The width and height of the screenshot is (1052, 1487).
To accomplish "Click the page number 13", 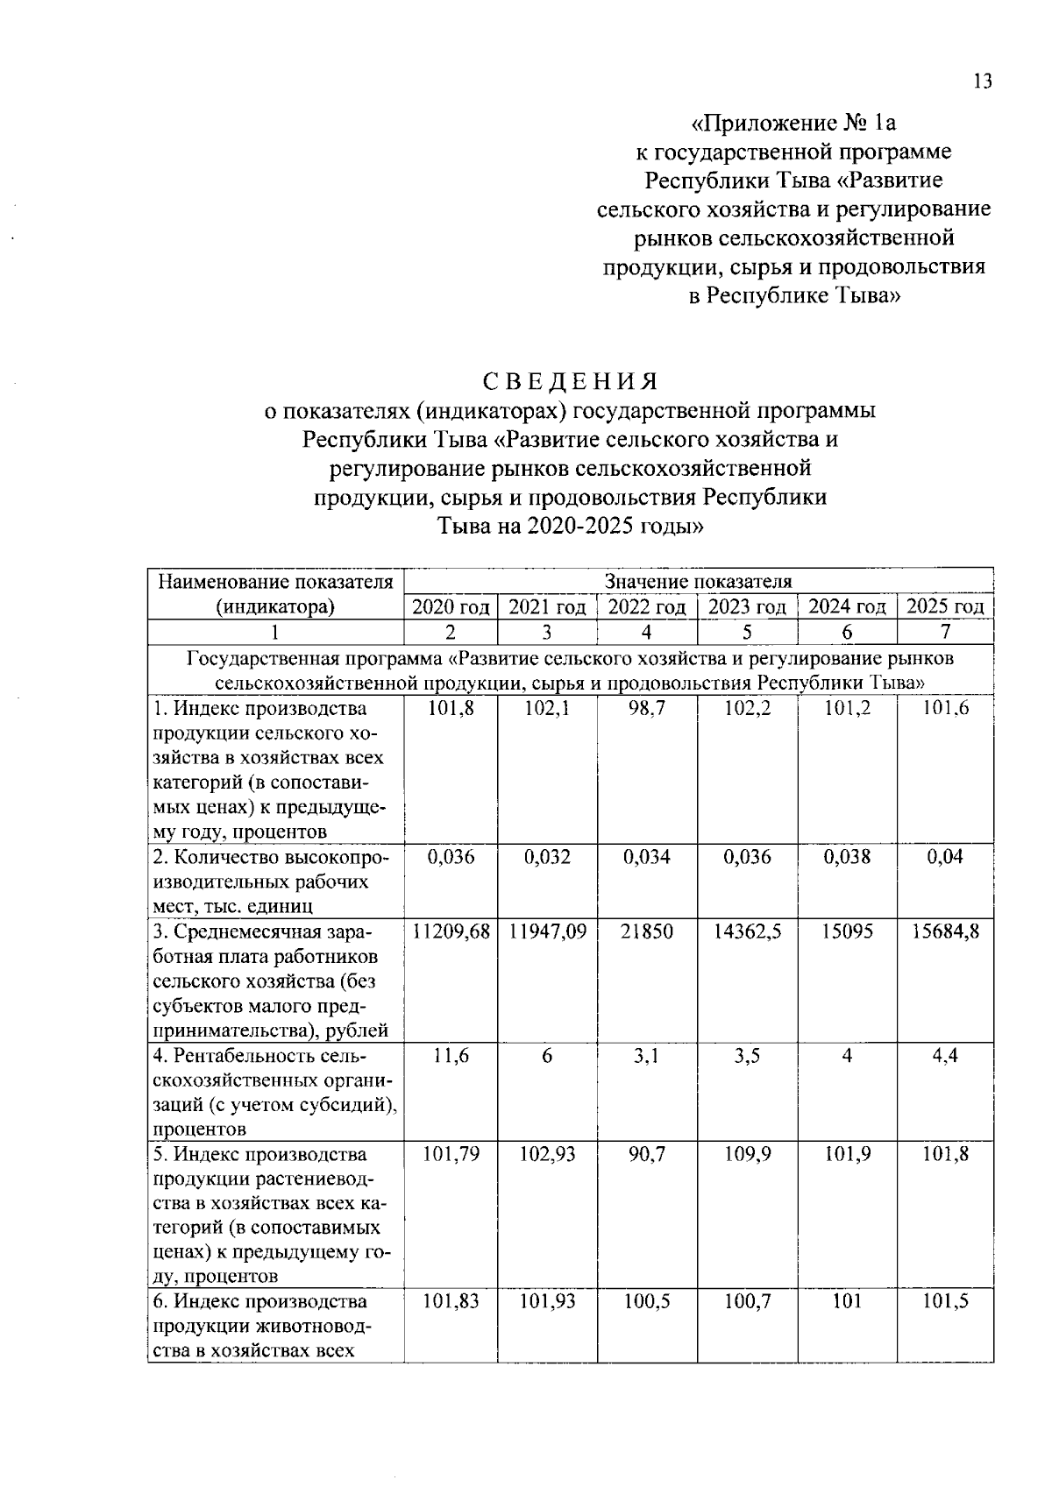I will pos(982,81).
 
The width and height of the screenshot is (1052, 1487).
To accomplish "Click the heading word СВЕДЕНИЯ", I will pos(570,381).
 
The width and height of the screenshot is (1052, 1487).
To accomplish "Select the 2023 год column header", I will pos(747,606).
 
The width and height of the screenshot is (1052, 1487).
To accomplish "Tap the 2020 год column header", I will pos(451,606).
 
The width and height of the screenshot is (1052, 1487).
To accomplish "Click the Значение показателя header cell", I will pos(698,581).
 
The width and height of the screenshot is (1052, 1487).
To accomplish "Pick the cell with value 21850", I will pos(647,931).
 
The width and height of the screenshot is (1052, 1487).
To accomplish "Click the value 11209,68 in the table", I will pos(451,931).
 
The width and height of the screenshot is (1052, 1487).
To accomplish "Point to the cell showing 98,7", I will pos(647,708).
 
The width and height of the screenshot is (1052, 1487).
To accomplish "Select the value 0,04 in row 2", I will pos(945,857).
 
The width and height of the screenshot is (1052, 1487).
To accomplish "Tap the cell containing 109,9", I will pos(747,1154).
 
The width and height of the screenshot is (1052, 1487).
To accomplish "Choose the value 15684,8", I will pos(945,931).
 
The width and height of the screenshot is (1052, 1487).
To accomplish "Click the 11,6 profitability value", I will pos(451,1056).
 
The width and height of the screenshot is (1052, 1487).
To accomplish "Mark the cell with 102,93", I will pos(547,1154).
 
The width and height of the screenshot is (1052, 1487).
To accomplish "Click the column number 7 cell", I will pos(945,632).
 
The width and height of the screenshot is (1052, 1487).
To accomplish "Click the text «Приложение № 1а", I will pos(794,122).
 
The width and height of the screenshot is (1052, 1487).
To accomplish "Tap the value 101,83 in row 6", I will pos(451,1301).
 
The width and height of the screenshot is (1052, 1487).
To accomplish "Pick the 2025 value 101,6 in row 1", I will pos(945,708).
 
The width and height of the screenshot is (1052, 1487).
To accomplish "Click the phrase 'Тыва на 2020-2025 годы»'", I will pos(570,527).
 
